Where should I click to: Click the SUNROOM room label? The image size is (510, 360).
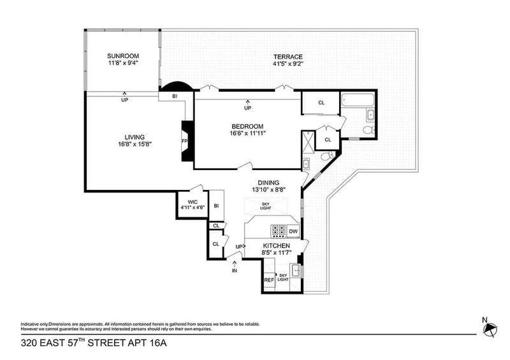point(123,56)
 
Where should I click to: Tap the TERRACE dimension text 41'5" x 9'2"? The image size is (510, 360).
point(288,64)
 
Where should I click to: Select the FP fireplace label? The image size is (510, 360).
point(184,141)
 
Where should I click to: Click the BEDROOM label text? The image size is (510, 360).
point(247,127)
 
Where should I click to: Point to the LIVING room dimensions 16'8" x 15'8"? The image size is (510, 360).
point(135,144)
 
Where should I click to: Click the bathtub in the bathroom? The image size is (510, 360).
point(358,100)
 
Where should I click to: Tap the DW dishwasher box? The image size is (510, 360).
point(293,231)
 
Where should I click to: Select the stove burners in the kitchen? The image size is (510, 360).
point(278,231)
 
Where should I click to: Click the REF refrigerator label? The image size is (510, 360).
point(269,280)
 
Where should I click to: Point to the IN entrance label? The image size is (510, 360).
point(235,270)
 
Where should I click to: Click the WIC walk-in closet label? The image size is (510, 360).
point(193,202)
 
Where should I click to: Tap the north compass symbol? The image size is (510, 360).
point(490,330)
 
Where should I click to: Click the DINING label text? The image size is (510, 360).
point(268,183)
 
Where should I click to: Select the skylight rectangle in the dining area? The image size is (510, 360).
point(266,206)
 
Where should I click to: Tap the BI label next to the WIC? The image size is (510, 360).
point(216,206)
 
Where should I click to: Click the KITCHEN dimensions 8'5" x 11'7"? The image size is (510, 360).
point(276,252)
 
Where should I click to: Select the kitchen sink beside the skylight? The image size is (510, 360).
point(296,270)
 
